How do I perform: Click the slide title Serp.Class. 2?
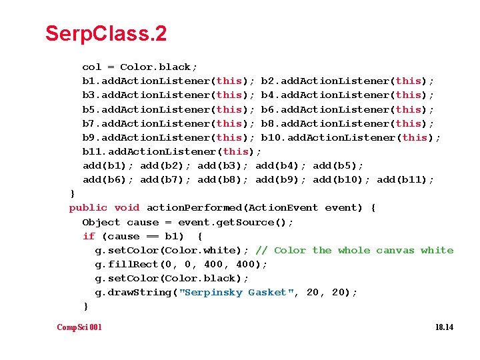pyautogui.click(x=106, y=34)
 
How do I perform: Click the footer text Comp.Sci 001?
pyautogui.click(x=79, y=327)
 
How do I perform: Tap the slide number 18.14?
pyautogui.click(x=444, y=327)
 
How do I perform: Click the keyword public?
pyautogui.click(x=88, y=208)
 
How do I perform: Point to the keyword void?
pyautogui.click(x=127, y=208)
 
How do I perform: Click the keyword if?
pyautogui.click(x=89, y=236)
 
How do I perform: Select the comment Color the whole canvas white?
pyautogui.click(x=354, y=251)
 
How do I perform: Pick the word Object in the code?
pyautogui.click(x=101, y=223)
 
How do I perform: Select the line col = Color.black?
pyautogui.click(x=140, y=67)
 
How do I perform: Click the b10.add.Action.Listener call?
pyautogui.click(x=351, y=138)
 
